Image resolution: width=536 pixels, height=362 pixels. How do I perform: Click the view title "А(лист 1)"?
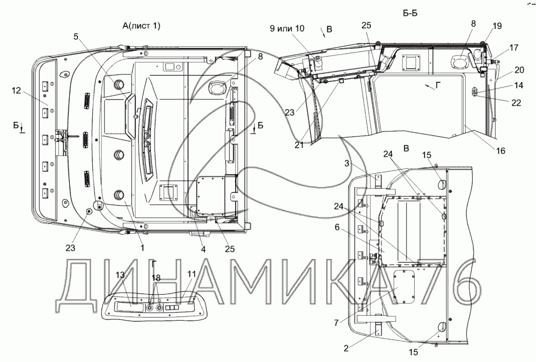[141, 26]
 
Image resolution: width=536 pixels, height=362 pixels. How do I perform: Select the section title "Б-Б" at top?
[410, 13]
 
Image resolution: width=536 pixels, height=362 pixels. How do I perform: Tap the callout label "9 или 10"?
[287, 29]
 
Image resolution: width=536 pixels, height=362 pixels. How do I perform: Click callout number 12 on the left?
[16, 91]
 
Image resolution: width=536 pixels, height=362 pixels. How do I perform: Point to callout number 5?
[76, 36]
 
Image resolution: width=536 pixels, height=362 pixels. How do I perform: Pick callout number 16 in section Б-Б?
[500, 151]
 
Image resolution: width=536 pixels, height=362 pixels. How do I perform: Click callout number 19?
[497, 26]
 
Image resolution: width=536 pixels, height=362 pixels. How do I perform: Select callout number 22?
[516, 102]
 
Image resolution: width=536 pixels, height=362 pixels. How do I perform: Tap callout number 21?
[299, 145]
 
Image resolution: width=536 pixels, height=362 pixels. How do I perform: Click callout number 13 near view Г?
[120, 275]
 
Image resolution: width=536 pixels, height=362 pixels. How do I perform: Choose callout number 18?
[156, 278]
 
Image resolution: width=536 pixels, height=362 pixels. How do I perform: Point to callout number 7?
[337, 322]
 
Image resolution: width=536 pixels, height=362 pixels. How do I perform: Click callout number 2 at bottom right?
[346, 348]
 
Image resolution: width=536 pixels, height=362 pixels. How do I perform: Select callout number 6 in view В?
[338, 227]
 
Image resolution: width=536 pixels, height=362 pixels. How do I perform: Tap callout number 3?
[347, 163]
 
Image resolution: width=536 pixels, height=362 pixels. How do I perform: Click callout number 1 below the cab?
[143, 248]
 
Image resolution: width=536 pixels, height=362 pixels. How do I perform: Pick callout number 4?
[203, 249]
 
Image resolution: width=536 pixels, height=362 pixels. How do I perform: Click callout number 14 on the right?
[519, 85]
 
